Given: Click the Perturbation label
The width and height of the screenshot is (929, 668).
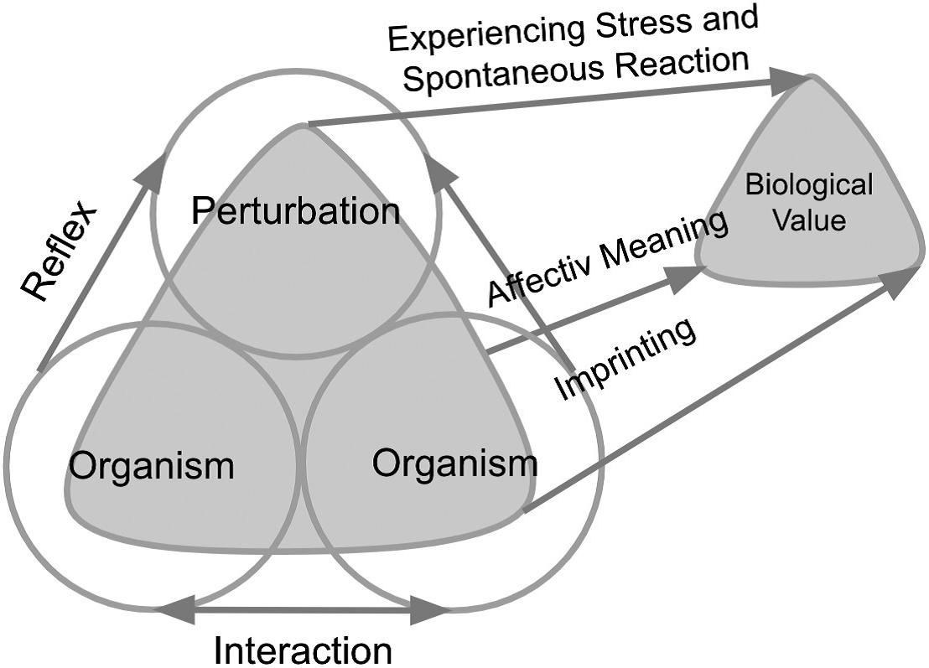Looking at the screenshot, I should [x=295, y=211].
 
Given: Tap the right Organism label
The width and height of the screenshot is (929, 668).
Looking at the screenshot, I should [x=454, y=461].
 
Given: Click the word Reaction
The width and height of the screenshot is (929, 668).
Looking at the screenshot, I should [x=677, y=62].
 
